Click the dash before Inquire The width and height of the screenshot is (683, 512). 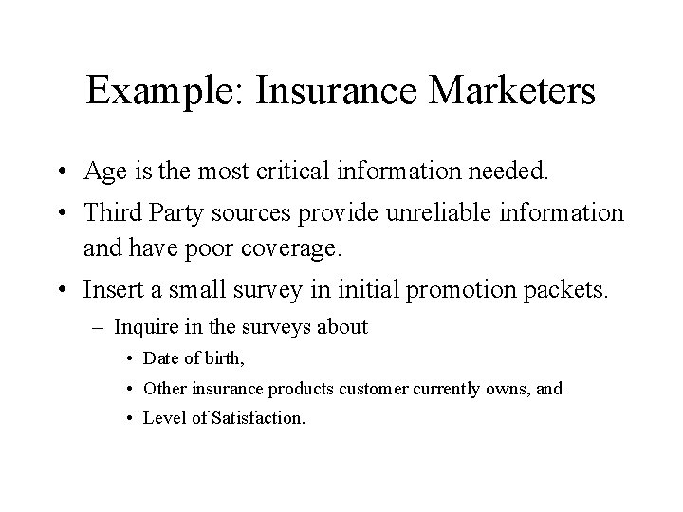tap(102, 327)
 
